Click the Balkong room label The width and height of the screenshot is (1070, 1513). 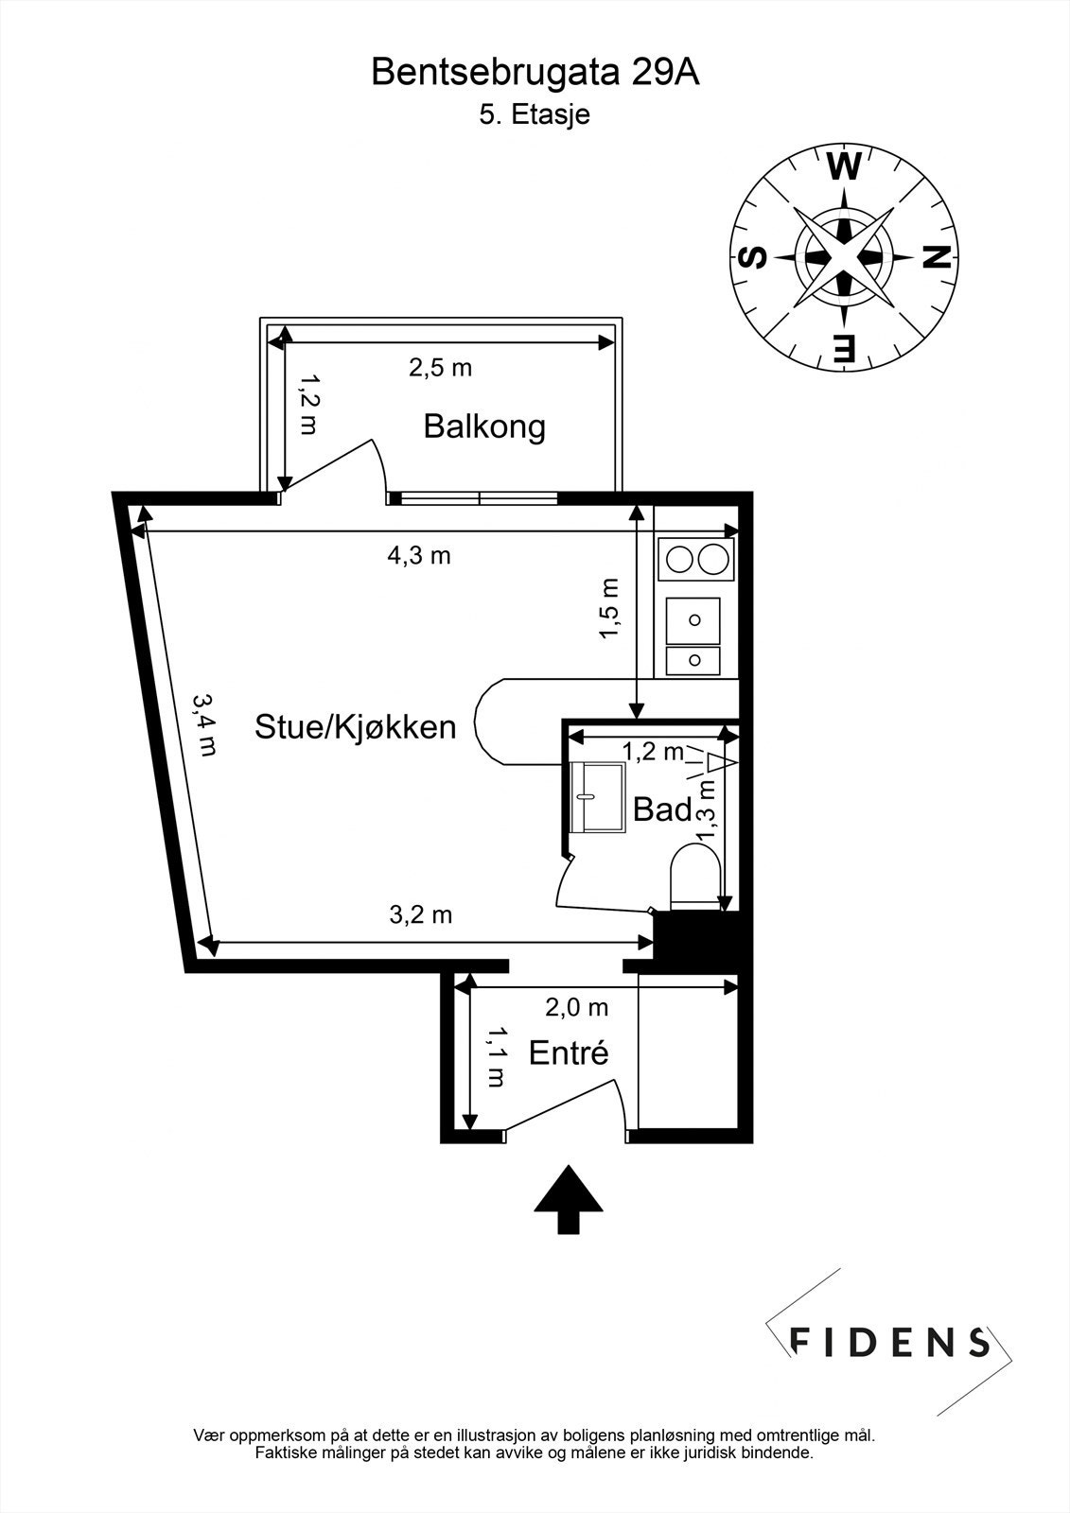click(x=483, y=426)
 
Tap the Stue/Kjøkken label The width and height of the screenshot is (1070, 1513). click(x=355, y=727)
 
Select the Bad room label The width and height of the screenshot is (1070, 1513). click(x=661, y=809)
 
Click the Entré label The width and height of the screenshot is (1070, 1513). click(x=568, y=1052)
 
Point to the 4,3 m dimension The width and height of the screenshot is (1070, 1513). click(x=419, y=556)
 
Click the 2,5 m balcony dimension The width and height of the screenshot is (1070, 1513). click(x=440, y=368)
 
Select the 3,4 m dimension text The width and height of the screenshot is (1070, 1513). click(x=205, y=724)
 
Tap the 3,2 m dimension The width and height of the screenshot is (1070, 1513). click(x=421, y=914)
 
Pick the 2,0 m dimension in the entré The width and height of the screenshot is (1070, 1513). click(x=576, y=1008)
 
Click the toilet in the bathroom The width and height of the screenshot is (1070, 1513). click(x=693, y=876)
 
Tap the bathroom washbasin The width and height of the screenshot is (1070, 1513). click(x=597, y=798)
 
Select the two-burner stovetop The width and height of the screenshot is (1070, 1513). click(x=695, y=560)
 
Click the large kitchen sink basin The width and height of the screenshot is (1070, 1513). click(x=693, y=620)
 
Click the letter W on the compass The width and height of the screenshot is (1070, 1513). click(x=844, y=168)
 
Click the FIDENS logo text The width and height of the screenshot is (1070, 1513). click(x=889, y=1341)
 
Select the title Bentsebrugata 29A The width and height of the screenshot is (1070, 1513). click(x=535, y=73)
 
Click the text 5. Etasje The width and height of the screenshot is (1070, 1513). click(x=535, y=115)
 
